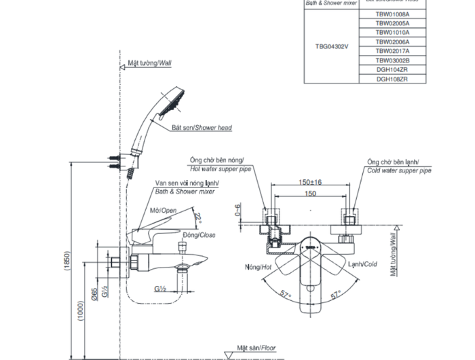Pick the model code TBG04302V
pos(331,46)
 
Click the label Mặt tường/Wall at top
pos(149,62)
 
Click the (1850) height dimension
pos(67,264)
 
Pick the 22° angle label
pos(197,217)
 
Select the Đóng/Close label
pos(198,234)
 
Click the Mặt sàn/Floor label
pos(256,346)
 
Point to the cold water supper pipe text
pos(399,170)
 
